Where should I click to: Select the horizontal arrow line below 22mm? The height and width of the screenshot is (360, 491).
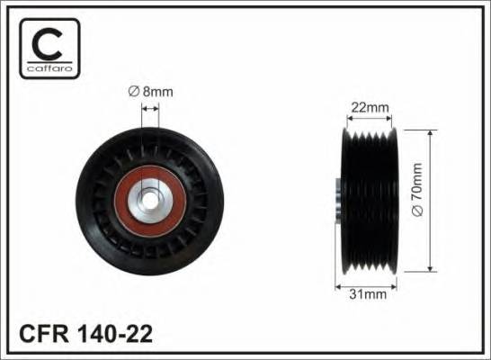coord(369,119)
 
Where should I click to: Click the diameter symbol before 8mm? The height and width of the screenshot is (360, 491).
coord(132,90)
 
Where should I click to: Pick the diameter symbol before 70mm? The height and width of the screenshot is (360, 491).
coord(442,221)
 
